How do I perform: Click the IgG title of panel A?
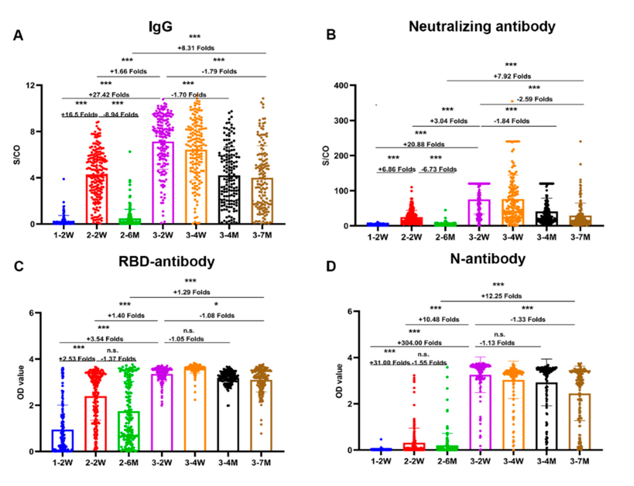point(160,27)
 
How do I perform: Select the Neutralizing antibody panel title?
point(482,27)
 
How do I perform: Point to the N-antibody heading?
point(488,259)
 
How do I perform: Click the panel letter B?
point(331,35)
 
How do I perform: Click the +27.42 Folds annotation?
point(109,95)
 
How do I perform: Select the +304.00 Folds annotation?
point(419,343)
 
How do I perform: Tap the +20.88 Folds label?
point(424,144)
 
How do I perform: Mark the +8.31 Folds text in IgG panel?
point(196,48)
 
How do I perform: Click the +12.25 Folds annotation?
point(501,296)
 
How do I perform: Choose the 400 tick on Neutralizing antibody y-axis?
point(340,86)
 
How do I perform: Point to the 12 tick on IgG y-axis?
point(30,86)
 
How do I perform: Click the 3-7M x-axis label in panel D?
point(579,461)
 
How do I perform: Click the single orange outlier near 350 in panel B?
point(512,101)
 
